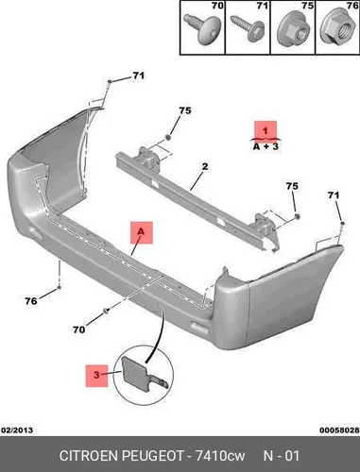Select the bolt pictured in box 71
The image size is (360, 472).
[248, 27]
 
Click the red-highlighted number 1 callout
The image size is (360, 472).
[266, 130]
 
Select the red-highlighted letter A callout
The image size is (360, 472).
[142, 232]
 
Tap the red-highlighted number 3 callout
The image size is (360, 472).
[96, 376]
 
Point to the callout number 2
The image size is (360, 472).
[205, 166]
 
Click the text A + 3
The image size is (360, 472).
[266, 146]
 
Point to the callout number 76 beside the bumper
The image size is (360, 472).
[31, 301]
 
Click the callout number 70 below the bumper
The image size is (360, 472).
[78, 329]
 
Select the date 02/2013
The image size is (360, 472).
[17, 430]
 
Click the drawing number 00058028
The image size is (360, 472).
[339, 430]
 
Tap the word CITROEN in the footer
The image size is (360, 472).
[89, 456]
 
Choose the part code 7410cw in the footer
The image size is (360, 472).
[220, 456]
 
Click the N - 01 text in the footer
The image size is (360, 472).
[281, 456]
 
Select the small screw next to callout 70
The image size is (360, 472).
[107, 311]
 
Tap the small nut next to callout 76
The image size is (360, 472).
[59, 287]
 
